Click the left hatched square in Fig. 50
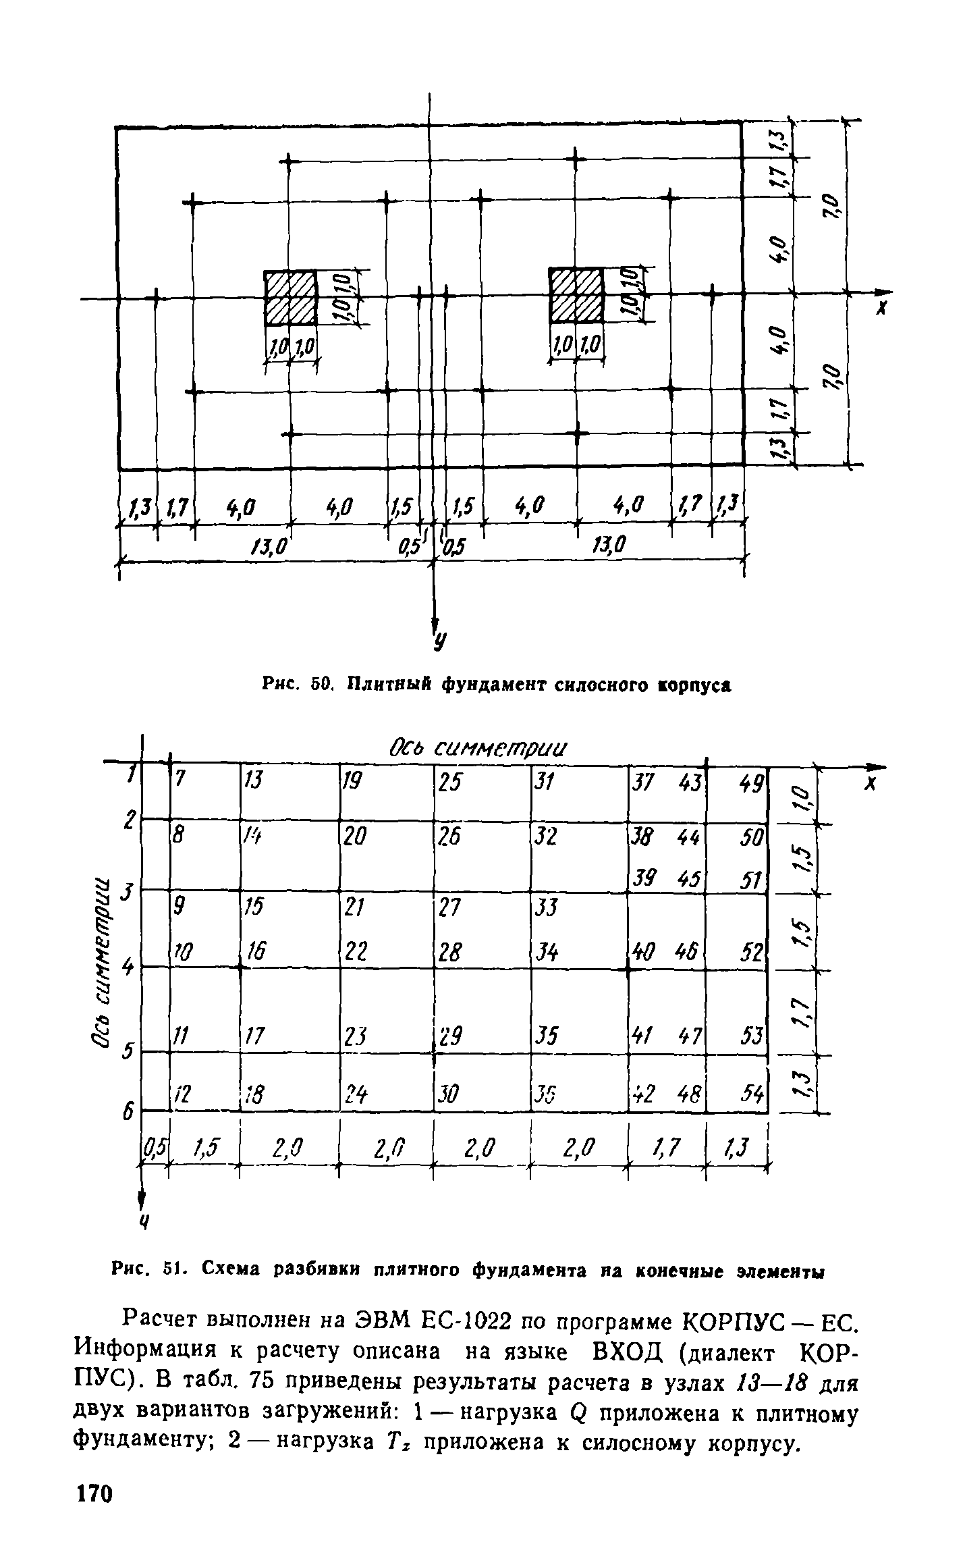pyautogui.click(x=290, y=297)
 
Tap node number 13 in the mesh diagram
pyautogui.click(x=252, y=780)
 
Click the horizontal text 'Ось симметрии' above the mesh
pyautogui.click(x=478, y=748)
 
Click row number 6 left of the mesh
pyautogui.click(x=127, y=1112)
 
